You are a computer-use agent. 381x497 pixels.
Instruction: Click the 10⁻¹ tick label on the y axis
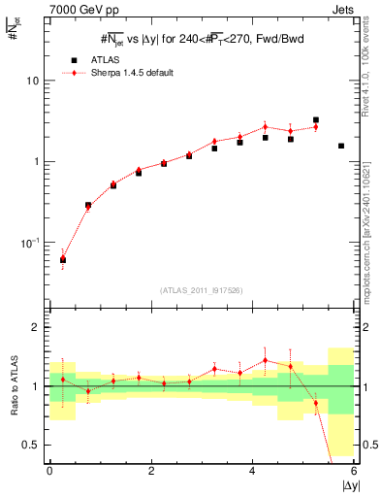click(33, 242)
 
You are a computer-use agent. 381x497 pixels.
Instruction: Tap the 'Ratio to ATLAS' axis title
click(14, 386)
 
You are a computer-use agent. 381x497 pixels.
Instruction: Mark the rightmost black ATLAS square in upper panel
click(341, 146)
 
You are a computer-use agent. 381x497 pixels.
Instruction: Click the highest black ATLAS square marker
click(316, 120)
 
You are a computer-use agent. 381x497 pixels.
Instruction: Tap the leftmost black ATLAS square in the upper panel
click(63, 259)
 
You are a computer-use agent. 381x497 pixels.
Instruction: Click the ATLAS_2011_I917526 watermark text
click(202, 290)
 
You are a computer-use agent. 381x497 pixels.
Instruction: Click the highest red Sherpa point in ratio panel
click(266, 360)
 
